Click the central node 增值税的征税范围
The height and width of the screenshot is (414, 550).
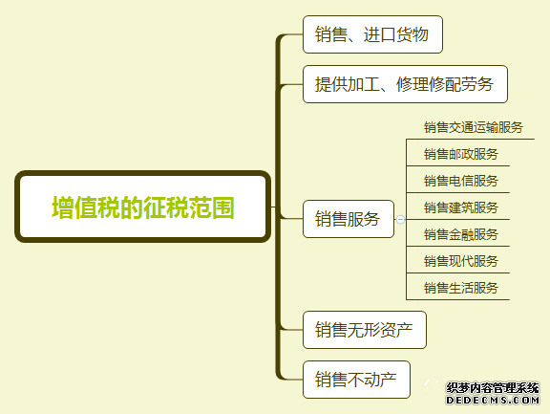coord(143,207)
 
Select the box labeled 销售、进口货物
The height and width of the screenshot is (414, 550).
coord(372,34)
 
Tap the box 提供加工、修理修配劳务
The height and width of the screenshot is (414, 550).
coord(405,84)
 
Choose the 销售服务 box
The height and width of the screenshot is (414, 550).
coord(349,219)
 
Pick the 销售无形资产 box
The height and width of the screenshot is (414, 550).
coord(365,330)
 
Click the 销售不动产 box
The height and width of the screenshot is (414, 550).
coord(356,380)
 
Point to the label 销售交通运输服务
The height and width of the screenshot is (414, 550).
coord(474,127)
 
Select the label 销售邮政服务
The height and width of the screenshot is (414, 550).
coord(461,154)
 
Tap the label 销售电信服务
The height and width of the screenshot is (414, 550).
coord(461,181)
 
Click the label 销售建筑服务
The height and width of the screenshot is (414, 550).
coord(461,207)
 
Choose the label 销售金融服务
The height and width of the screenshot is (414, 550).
coord(461,234)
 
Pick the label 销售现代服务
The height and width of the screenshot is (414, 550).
coord(461,261)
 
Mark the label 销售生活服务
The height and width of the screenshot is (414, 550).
coord(461,288)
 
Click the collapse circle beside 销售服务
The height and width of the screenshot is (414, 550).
coord(400,220)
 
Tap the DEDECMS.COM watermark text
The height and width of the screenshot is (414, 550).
coord(493,400)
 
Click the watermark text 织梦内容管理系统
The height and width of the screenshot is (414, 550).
coord(493,388)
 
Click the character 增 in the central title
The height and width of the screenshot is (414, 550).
coord(63,207)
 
